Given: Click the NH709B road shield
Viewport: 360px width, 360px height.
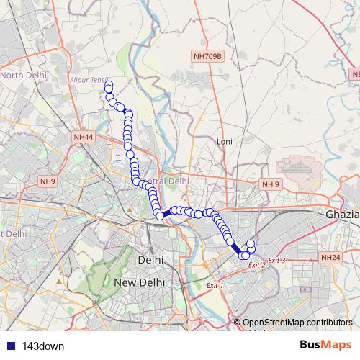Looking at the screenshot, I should pyautogui.click(x=209, y=55).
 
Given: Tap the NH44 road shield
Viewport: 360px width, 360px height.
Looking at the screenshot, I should pyautogui.click(x=84, y=137).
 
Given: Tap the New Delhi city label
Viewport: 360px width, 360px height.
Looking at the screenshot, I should pyautogui.click(x=140, y=283).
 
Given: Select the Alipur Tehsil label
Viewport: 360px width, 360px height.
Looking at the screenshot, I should pyautogui.click(x=89, y=79).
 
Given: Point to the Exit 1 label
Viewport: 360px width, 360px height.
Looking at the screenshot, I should pyautogui.click(x=215, y=286).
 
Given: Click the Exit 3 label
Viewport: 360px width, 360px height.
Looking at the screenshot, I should pyautogui.click(x=277, y=260).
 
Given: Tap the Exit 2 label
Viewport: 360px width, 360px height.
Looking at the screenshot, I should pyautogui.click(x=257, y=266).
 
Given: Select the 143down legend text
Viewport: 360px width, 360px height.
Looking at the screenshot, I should pyautogui.click(x=43, y=346).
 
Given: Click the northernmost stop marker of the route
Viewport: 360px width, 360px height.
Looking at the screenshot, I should pyautogui.click(x=109, y=86).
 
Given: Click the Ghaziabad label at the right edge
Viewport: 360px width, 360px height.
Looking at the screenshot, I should pyautogui.click(x=342, y=215).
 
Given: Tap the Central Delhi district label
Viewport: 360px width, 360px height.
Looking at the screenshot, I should pyautogui.click(x=167, y=181).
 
